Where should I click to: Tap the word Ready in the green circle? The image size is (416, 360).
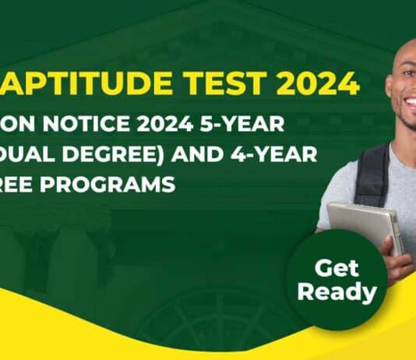point(337,293)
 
